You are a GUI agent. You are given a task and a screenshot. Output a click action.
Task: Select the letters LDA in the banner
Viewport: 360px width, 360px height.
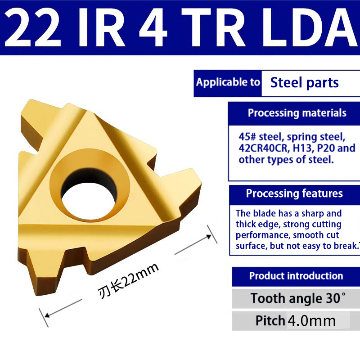click(x=311, y=28)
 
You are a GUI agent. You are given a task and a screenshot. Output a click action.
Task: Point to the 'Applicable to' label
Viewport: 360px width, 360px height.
click(x=228, y=82)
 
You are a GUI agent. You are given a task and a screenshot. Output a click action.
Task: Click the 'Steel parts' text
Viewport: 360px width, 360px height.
click(x=304, y=83)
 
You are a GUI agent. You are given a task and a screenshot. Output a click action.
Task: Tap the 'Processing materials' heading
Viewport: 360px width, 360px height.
click(x=297, y=112)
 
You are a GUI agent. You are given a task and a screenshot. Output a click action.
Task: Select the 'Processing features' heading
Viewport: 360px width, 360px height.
click(x=294, y=193)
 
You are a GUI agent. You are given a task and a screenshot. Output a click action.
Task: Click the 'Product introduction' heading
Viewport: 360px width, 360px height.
click(x=296, y=276)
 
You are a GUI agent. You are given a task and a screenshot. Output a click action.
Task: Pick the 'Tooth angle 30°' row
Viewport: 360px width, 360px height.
click(x=298, y=298)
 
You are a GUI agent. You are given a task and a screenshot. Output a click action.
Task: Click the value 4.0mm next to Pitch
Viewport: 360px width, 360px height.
click(x=312, y=320)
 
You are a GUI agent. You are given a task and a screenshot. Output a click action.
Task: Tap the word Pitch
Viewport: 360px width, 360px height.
click(x=270, y=320)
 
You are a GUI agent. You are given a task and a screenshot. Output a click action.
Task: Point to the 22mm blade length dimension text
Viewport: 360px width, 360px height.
click(x=128, y=282)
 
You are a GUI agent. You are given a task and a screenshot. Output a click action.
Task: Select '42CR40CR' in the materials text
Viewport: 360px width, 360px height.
click(x=266, y=148)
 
